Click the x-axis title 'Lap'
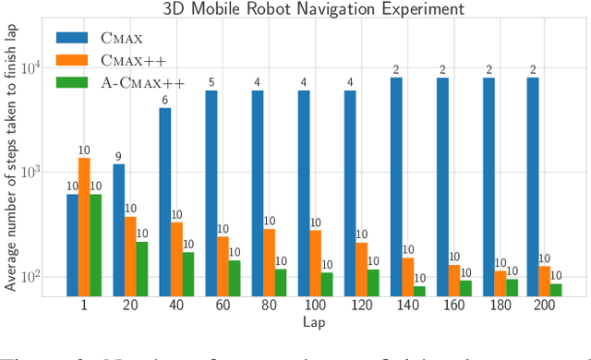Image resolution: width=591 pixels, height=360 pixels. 313,323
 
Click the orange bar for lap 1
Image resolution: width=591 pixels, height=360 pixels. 84,227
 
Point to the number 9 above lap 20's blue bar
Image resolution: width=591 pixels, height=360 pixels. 118,156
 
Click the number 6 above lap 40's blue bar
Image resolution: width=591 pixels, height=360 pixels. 165,101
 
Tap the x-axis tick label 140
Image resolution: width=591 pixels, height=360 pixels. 407,306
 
